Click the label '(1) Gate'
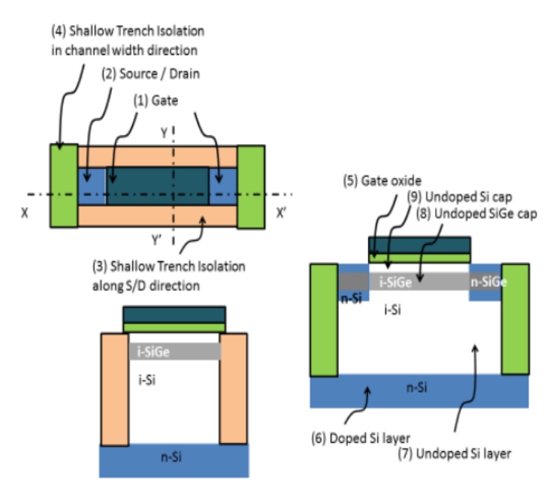pyautogui.click(x=155, y=98)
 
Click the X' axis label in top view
pyautogui.click(x=282, y=212)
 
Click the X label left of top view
pyautogui.click(x=26, y=212)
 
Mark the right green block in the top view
pyautogui.click(x=251, y=187)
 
